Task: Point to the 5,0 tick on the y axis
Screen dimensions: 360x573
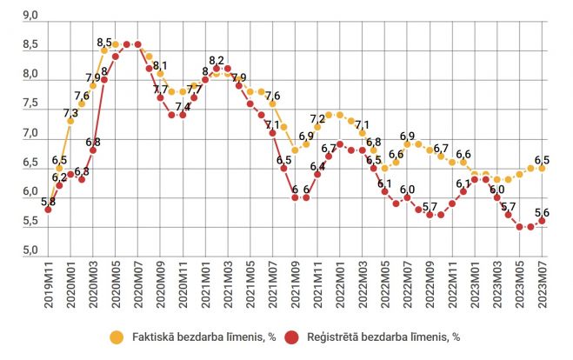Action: point(28,250)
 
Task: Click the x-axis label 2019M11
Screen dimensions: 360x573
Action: point(48,281)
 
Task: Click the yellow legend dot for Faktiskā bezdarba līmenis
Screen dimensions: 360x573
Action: point(115,336)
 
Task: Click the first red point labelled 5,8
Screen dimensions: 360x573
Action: point(48,210)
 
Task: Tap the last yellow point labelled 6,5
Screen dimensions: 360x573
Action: point(542,168)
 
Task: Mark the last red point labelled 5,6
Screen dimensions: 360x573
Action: point(542,221)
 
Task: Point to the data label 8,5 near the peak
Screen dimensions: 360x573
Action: point(104,42)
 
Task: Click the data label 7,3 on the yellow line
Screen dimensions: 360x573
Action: point(70,113)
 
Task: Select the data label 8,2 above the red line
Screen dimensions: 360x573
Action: point(217,59)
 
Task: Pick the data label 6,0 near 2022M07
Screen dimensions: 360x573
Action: point(407,189)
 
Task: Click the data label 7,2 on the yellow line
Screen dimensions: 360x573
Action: point(317,119)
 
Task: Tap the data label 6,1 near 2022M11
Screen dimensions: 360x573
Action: point(463,183)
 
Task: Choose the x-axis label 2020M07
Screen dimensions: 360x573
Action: point(137,281)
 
